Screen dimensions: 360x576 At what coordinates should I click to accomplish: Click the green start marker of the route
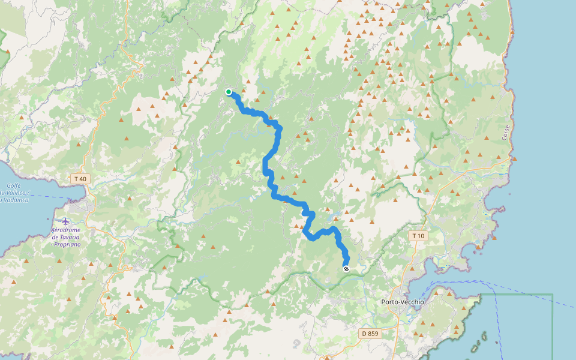pyautogui.click(x=229, y=92)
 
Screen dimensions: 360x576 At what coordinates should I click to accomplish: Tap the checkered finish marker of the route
pyautogui.click(x=346, y=269)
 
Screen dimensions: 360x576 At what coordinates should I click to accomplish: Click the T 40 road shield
pyautogui.click(x=79, y=179)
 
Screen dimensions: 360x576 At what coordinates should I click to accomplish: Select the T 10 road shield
pyautogui.click(x=418, y=236)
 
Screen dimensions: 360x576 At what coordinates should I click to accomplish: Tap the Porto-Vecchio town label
pyautogui.click(x=402, y=302)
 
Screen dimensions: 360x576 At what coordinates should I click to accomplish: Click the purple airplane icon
pyautogui.click(x=65, y=221)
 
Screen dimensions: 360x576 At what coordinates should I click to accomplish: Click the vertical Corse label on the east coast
pyautogui.click(x=506, y=133)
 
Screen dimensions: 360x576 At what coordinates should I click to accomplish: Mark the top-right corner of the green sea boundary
pyautogui.click(x=552, y=294)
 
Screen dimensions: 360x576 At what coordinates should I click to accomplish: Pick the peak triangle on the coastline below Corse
pyautogui.click(x=514, y=158)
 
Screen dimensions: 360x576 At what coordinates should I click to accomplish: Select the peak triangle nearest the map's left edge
pyautogui.click(x=8, y=52)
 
